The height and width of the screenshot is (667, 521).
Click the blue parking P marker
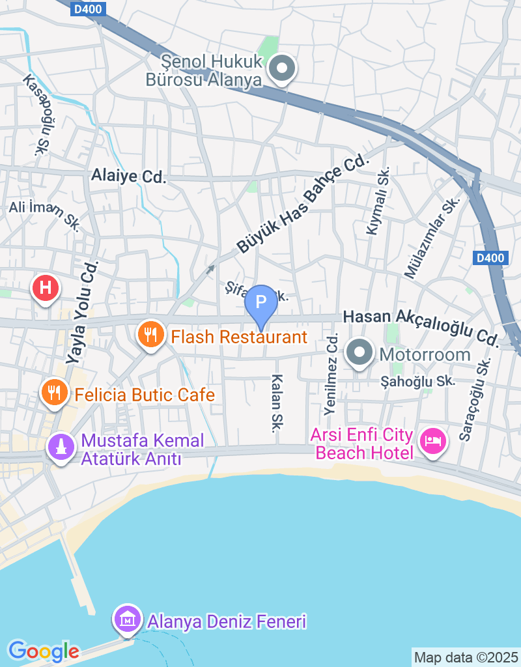(260, 302)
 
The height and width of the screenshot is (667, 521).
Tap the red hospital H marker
(46, 287)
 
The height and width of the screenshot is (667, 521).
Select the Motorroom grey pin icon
(359, 353)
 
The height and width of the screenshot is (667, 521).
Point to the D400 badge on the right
(490, 258)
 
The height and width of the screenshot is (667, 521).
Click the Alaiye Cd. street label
(129, 176)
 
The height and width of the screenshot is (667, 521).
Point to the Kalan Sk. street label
(277, 403)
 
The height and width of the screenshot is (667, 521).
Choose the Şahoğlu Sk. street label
(417, 381)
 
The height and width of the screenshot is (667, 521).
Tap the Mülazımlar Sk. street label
(432, 238)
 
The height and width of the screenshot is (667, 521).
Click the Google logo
(44, 650)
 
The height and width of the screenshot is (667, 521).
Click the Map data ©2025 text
(466, 657)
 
